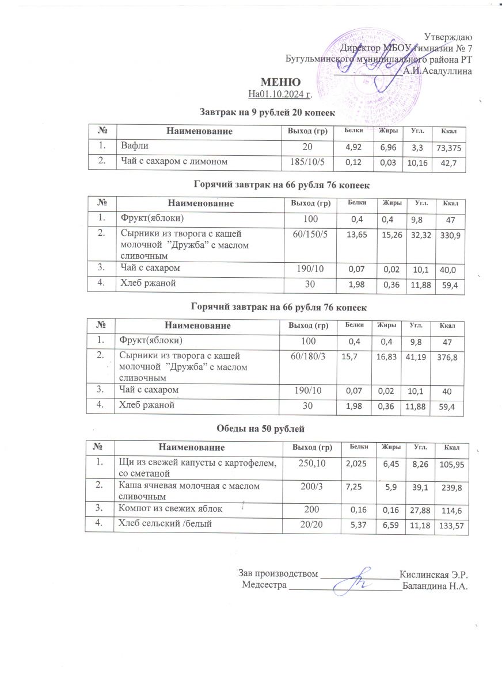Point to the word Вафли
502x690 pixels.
pos(132,145)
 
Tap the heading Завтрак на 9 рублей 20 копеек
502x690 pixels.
pos(267,109)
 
